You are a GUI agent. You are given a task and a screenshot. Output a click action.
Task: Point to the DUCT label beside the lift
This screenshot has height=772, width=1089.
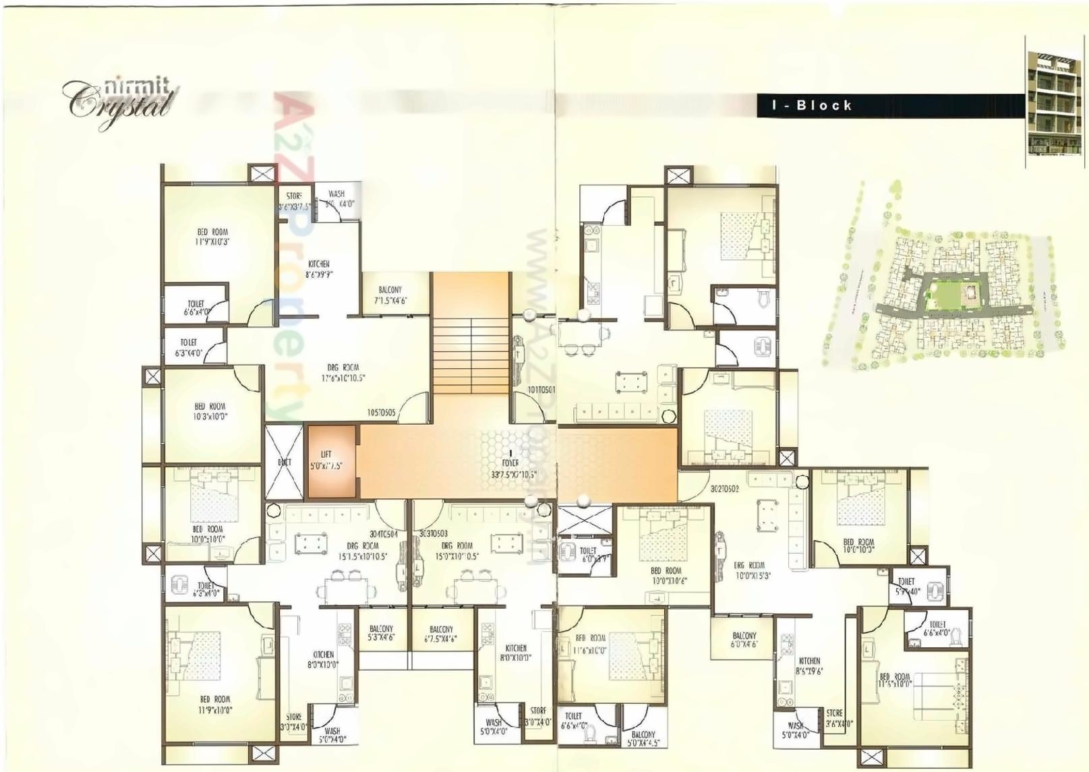pos(285,463)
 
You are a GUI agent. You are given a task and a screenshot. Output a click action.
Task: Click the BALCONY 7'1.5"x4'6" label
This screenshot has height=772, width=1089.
pos(390,295)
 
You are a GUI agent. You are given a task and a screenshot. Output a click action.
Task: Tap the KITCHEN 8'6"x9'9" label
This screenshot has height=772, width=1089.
pos(319,269)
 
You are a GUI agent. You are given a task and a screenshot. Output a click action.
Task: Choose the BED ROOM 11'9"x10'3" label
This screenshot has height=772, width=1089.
pos(213,237)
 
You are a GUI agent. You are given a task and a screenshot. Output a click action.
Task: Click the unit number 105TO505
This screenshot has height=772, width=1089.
pos(381,413)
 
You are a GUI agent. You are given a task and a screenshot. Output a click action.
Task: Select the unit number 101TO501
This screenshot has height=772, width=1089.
pos(541,390)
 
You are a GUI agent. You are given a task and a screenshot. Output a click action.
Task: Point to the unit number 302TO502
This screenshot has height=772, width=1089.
pos(724,488)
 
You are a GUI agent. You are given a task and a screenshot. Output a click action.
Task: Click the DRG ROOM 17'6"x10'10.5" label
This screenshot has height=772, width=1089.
pos(343,373)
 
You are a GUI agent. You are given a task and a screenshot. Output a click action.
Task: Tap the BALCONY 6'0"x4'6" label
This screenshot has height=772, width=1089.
pos(744,640)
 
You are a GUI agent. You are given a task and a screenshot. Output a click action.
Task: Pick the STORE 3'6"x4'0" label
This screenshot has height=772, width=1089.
pos(839,718)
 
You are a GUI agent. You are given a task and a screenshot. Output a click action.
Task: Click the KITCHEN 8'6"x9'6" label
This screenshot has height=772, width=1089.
pos(809,666)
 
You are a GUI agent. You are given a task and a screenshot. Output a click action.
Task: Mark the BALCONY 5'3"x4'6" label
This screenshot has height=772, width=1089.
pos(381,632)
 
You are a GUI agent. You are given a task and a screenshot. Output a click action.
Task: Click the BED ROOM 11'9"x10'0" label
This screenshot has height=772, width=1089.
pos(215,705)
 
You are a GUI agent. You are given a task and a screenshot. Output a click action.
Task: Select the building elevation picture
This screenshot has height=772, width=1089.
pos(1056,101)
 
